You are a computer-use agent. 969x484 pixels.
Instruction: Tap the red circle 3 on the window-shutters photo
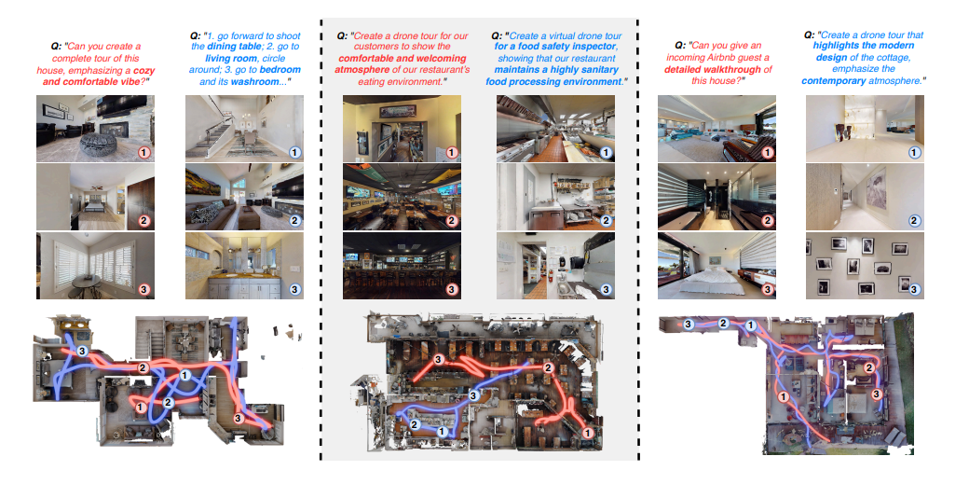tap(143, 289)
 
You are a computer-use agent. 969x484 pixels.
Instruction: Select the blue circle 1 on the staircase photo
tap(293, 152)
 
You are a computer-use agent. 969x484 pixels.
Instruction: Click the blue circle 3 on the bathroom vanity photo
tap(293, 289)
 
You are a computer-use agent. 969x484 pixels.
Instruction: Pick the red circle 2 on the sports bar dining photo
tap(452, 221)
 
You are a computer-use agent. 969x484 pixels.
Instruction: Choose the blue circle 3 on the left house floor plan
tap(82, 351)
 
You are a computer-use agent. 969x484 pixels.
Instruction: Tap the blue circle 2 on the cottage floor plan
tap(722, 323)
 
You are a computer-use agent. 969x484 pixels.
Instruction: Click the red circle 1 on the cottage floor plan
tap(783, 396)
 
